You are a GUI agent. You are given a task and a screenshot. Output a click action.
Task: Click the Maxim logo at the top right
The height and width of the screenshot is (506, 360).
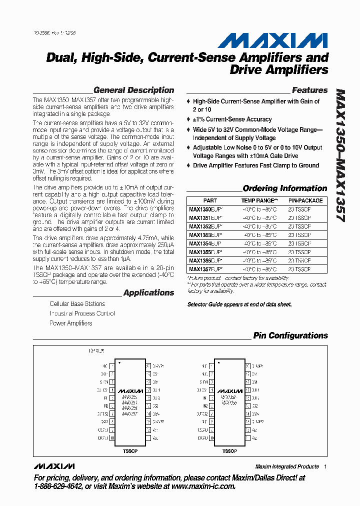[x=272, y=40]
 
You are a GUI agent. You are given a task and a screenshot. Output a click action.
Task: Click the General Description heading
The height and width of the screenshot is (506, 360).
[x=133, y=90]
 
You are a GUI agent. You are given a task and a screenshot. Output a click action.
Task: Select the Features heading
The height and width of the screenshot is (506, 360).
[x=309, y=90]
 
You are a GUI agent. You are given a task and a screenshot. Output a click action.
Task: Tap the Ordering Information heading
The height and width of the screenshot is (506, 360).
[x=284, y=188]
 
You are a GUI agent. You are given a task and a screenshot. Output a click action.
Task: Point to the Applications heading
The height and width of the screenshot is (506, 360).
[x=148, y=293]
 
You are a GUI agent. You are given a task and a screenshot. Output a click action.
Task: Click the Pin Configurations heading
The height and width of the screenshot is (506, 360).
[x=290, y=336]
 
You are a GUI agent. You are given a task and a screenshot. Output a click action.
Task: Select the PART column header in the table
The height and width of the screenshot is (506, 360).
[x=210, y=200]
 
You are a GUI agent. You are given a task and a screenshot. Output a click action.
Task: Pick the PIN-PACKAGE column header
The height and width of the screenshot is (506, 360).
[x=305, y=200]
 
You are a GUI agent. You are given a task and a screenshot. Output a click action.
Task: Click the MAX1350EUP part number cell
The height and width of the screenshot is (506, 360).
[x=205, y=209]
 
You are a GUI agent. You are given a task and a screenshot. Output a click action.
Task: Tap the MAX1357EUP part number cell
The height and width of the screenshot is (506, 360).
[x=205, y=269]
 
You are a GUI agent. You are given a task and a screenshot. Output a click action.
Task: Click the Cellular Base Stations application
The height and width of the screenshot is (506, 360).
[x=77, y=304]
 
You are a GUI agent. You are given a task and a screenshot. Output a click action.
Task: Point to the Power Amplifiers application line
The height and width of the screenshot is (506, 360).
[x=71, y=323]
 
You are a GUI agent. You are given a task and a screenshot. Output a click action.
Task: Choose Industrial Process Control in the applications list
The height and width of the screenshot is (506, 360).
[x=82, y=313]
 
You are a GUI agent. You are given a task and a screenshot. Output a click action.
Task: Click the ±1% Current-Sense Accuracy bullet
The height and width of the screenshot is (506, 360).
[x=232, y=119]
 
